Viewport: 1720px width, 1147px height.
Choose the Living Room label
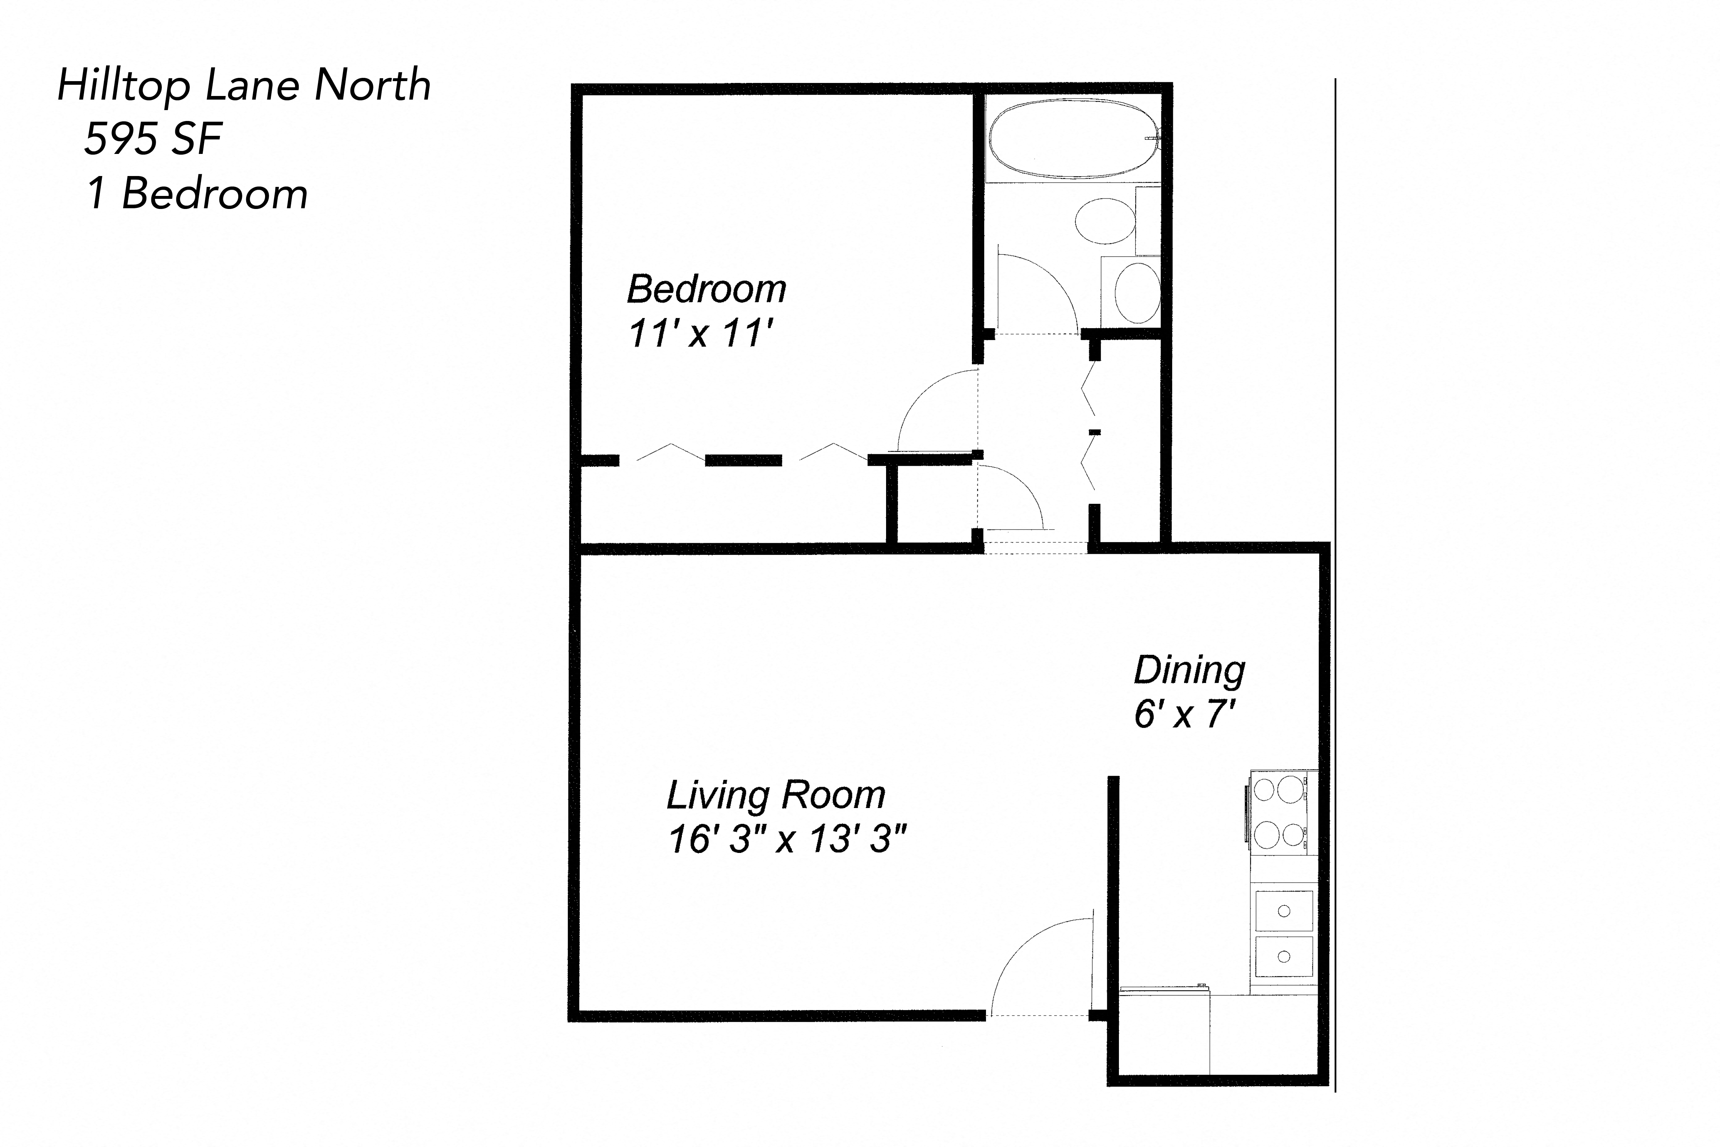point(775,795)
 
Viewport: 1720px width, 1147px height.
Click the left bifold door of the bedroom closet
point(662,453)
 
